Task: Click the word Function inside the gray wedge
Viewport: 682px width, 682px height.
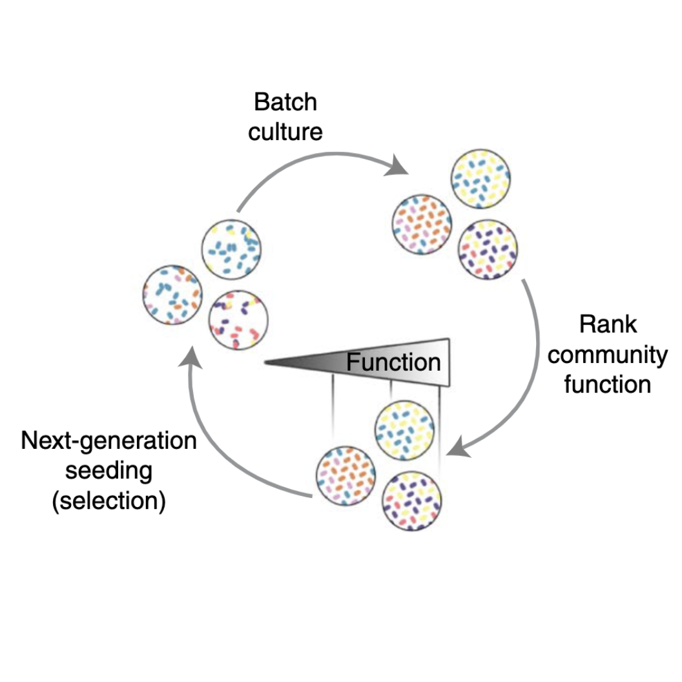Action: tap(393, 362)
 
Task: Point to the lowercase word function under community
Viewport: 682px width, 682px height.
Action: tap(608, 384)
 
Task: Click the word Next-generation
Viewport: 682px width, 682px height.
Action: tap(109, 441)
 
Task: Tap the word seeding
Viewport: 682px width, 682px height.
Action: tap(109, 471)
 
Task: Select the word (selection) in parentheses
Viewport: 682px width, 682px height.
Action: tap(109, 501)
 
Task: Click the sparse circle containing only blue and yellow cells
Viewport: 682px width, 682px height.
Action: tap(231, 249)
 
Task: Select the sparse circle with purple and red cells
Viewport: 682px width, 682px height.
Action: tap(238, 320)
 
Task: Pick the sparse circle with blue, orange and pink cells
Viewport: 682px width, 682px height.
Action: tap(172, 294)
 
